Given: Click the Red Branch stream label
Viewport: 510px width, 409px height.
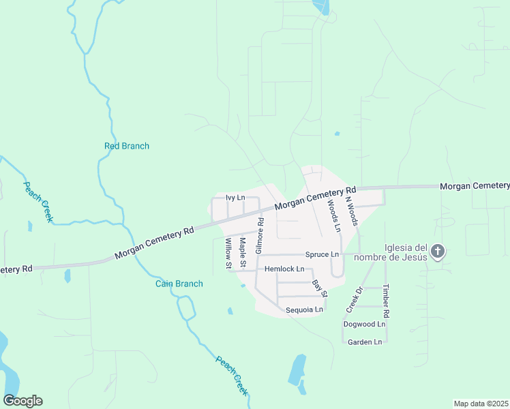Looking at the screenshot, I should coord(126,146).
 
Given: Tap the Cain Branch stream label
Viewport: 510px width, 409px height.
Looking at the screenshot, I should coord(179,284).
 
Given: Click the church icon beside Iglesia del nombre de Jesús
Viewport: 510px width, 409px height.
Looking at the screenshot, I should coord(438,252).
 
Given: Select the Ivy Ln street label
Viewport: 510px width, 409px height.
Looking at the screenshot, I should coord(235,198).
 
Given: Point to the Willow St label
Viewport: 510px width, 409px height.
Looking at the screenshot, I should coord(228,252).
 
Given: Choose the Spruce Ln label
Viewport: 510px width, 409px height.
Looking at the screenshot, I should coord(322,254).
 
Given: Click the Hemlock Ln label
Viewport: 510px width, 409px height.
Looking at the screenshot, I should coord(284,269).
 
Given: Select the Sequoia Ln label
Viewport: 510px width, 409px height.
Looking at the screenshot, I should coord(303,309).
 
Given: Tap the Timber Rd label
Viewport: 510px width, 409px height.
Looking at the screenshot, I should coord(386,301).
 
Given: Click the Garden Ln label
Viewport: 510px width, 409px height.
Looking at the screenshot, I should coord(365,342).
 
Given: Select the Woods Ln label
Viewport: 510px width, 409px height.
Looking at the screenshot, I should coord(333,216).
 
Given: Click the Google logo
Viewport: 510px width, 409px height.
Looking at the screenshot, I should coord(22,401).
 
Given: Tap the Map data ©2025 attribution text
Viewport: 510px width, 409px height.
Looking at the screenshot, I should coord(481,404).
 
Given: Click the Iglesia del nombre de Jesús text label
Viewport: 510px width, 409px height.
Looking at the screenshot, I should coord(406,252).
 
